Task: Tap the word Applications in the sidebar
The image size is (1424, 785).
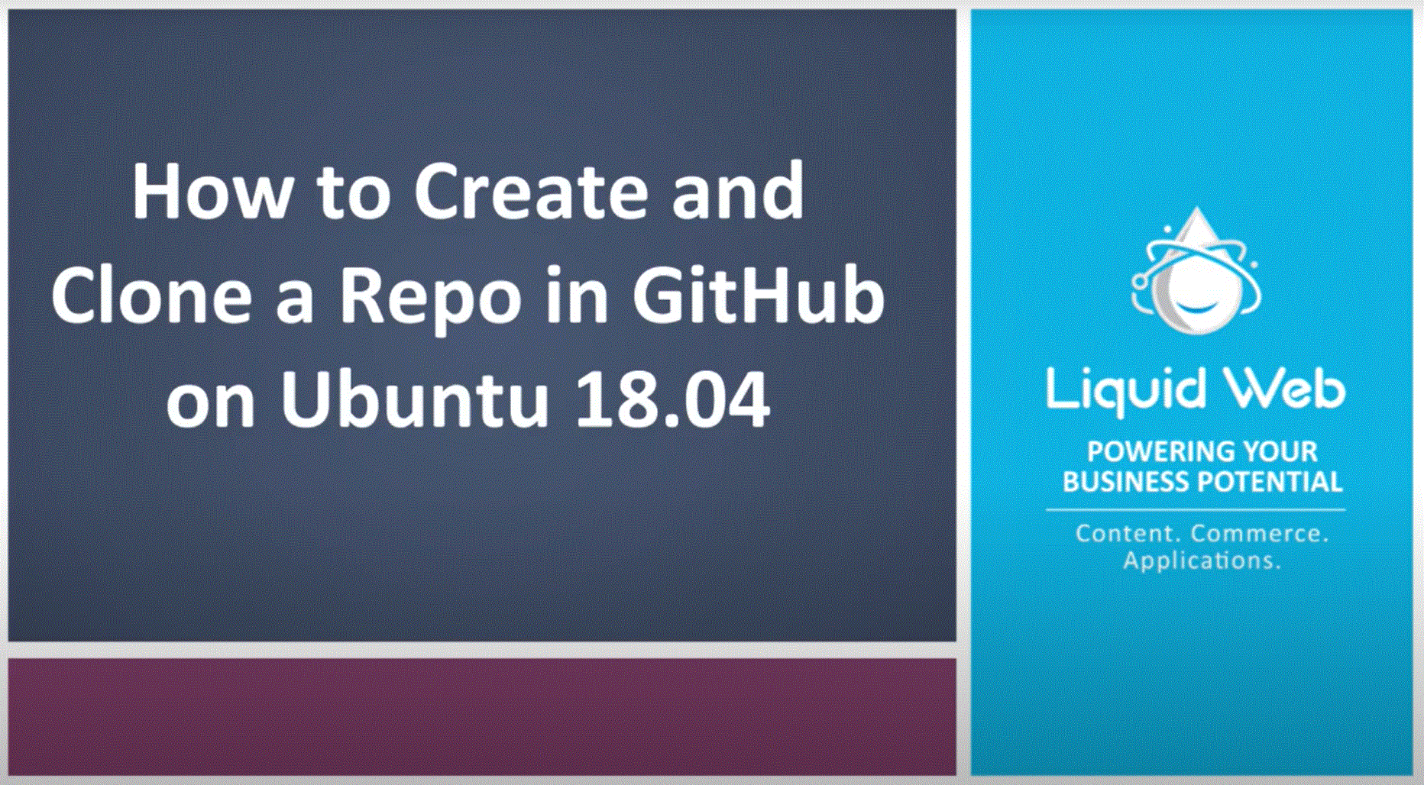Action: (1201, 560)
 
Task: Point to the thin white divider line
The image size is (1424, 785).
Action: (1195, 509)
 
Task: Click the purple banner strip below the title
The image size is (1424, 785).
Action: (481, 716)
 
